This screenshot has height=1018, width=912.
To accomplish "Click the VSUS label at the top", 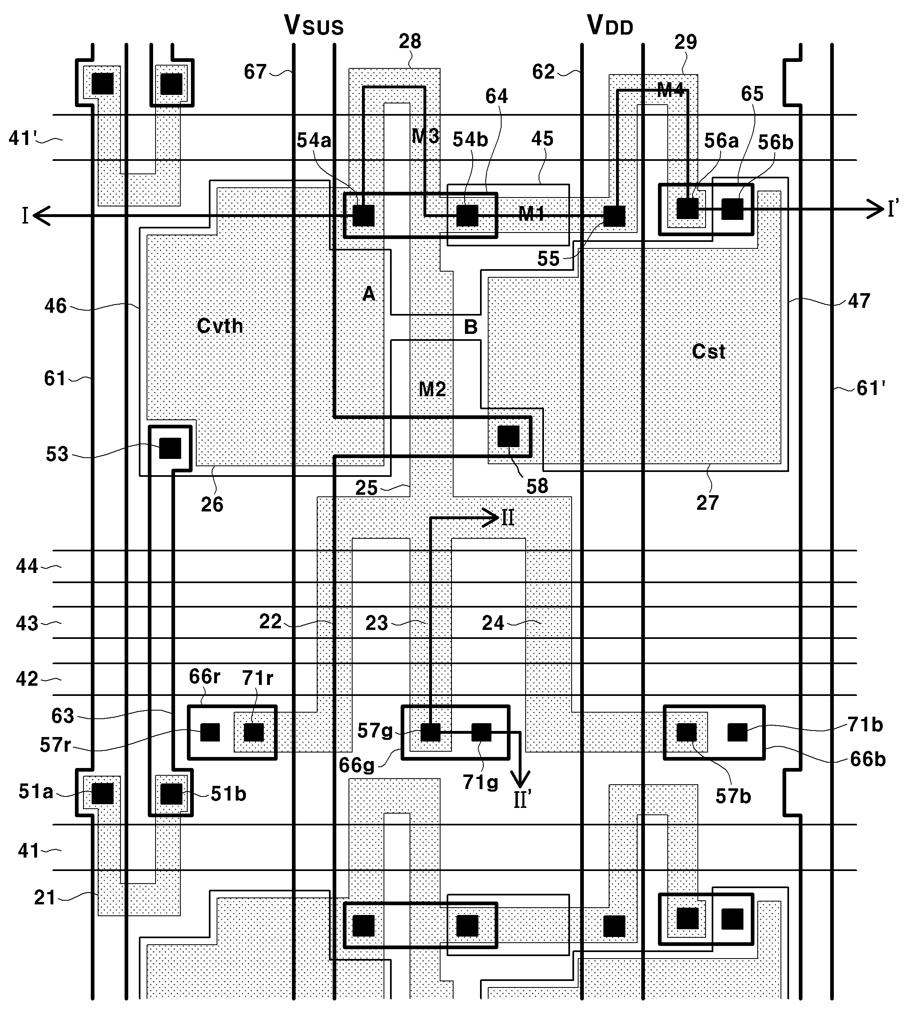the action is point(314,25).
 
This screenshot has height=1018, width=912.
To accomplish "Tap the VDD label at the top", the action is point(610,25).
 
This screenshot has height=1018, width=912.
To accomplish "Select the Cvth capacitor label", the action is point(220,326).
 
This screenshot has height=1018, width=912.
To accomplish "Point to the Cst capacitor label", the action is point(708,351).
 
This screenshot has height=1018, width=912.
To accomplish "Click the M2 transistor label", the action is point(432,389).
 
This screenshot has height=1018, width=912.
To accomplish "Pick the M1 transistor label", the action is point(531,214).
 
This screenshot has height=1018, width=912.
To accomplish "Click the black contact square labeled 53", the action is point(170,448).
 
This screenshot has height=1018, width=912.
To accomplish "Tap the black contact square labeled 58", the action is point(508,437).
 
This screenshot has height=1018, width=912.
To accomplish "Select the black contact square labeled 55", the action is point(614,216).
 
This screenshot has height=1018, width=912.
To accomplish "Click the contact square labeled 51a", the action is point(102,794).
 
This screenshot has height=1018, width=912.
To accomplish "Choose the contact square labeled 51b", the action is point(171,794).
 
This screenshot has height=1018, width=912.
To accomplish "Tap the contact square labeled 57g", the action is point(430,732).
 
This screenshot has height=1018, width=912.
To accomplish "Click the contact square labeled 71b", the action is point(737,732).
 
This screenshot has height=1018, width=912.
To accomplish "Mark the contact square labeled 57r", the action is point(210,732).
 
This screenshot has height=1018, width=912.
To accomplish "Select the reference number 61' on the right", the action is point(870,388).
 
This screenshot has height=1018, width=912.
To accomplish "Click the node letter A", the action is point(369,293).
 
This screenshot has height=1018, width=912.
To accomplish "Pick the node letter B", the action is point(471,327).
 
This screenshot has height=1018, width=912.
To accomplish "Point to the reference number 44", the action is point(27,566).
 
